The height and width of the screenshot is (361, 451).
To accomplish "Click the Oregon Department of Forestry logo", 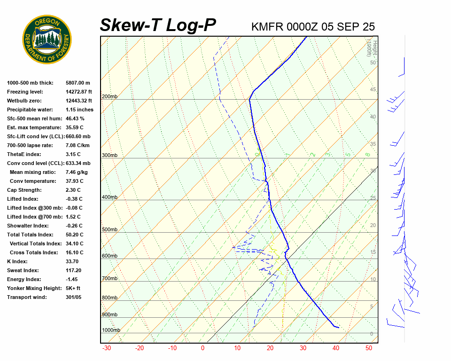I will (47, 39).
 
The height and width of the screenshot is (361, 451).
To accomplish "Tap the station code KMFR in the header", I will (267, 27).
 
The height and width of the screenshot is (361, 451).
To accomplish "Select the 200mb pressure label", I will (109, 97).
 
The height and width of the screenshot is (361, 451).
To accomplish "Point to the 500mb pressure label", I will (109, 230).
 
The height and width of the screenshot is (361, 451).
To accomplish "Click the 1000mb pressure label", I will (111, 330).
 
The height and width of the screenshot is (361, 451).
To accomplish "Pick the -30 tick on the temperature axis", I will (107, 348).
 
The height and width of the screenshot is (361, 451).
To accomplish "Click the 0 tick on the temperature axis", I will (203, 348).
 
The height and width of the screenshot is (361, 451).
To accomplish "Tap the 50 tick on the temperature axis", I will (369, 348).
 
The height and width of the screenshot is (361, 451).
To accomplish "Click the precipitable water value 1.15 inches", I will (79, 110).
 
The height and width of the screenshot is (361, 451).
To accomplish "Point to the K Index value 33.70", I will (72, 262).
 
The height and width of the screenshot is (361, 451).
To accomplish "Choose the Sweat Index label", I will (23, 271).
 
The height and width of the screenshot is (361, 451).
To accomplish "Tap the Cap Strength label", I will (24, 190).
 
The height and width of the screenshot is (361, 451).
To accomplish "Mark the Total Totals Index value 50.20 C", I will (74, 235).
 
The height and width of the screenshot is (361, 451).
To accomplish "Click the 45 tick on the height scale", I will (373, 90).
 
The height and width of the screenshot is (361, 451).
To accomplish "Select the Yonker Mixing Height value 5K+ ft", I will (73, 289).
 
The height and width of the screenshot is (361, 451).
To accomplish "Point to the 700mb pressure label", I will (109, 279).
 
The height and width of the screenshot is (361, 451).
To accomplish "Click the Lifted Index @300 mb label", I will (31, 208).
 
